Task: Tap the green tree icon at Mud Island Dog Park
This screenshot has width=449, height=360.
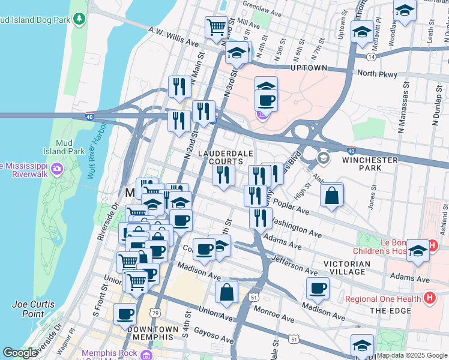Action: [x=79, y=20]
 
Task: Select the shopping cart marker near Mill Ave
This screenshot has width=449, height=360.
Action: [x=216, y=27]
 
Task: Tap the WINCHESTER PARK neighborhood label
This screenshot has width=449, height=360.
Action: [x=370, y=164]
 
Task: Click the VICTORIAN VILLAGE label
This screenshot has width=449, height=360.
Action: [x=346, y=268]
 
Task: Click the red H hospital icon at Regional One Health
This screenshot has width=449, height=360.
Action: [x=429, y=297]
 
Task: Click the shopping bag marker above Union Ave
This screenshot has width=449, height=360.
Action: [x=227, y=293]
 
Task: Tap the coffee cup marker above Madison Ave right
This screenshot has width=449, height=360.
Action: [x=318, y=289]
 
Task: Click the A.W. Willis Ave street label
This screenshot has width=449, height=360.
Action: [x=173, y=37]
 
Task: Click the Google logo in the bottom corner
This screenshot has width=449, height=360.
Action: [x=20, y=353]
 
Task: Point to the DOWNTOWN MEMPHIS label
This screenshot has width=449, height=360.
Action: [x=152, y=334]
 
